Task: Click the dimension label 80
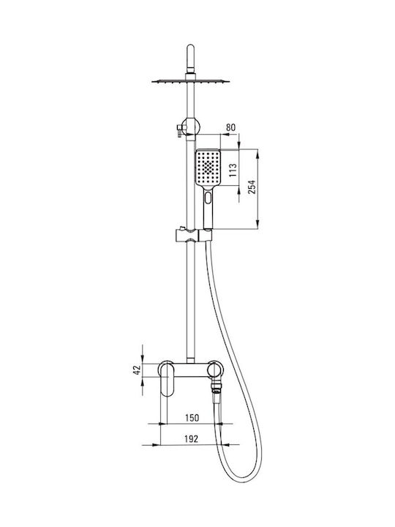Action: pos(230,127)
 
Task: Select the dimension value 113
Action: pos(233,171)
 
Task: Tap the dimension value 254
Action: pos(252,187)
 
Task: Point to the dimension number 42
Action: pos(137,370)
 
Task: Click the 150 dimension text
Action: pos(192,418)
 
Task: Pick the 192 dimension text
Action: pos(192,438)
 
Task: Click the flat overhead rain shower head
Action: pos(190,81)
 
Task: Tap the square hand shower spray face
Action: pos(208,167)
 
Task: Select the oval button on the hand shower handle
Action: pos(208,198)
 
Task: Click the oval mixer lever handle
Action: pos(166,380)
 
